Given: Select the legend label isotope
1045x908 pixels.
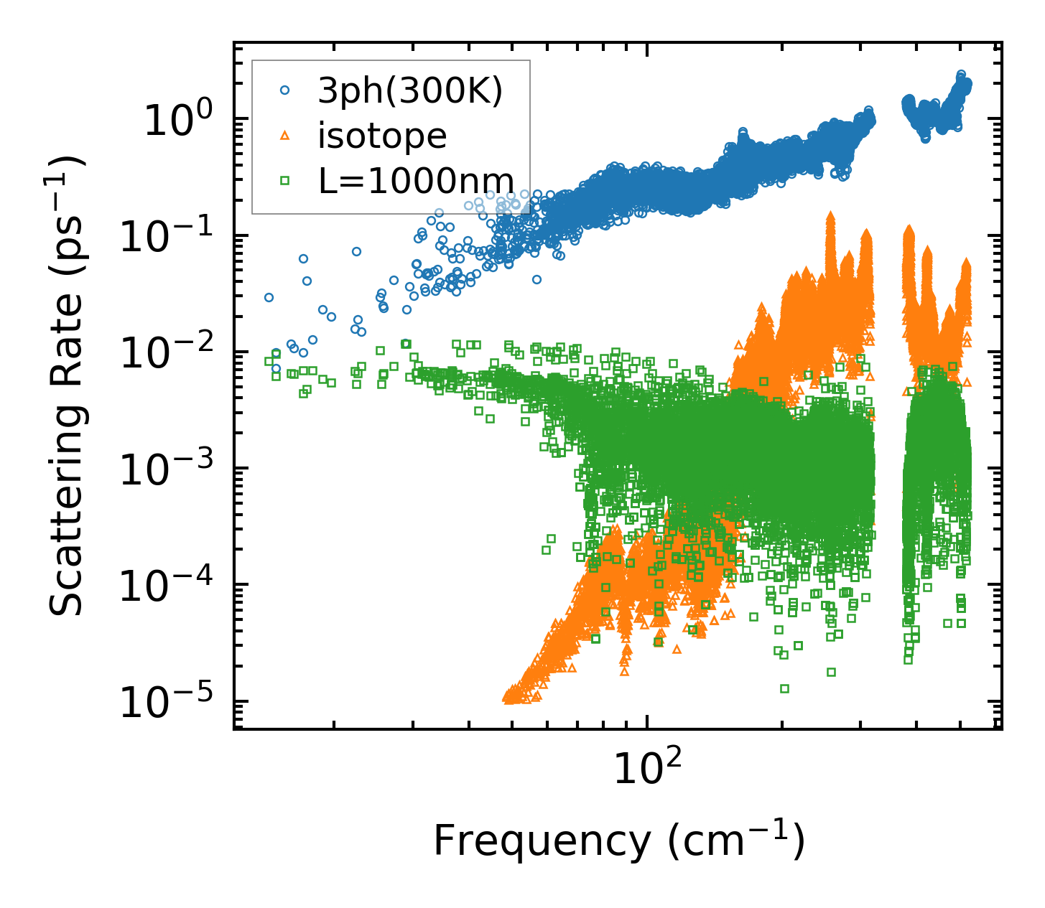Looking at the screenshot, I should coord(382,136).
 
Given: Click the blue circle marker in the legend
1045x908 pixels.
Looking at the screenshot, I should coord(285,90).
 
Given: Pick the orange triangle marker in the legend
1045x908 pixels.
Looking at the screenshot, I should coord(285,136).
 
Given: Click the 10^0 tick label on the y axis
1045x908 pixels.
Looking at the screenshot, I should coord(176,121).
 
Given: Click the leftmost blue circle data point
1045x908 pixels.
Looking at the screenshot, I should coord(269,297).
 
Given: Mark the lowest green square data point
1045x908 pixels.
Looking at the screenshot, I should coord(784,688).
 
